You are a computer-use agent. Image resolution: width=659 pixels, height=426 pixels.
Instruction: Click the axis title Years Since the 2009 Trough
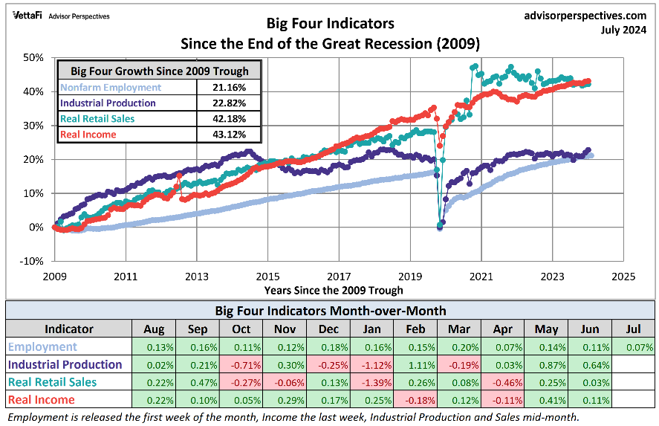(x=334, y=290)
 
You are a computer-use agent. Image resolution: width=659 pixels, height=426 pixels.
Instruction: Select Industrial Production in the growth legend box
(x=108, y=103)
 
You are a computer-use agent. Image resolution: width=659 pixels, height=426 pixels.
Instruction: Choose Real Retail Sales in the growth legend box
(x=97, y=119)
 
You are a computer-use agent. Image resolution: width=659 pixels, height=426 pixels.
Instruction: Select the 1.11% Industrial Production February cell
(x=415, y=364)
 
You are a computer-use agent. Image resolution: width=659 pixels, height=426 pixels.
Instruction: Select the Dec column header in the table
(x=328, y=329)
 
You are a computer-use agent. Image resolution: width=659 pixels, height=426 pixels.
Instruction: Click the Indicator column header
(x=69, y=329)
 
